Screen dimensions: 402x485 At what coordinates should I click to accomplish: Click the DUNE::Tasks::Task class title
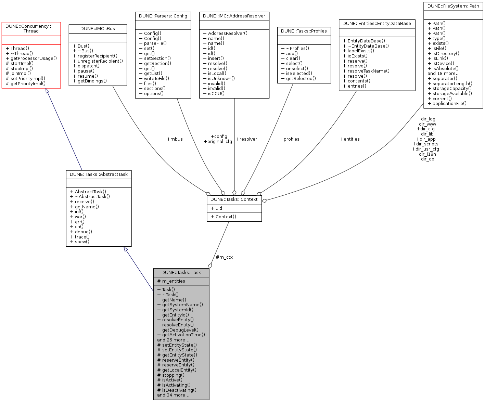[181, 273]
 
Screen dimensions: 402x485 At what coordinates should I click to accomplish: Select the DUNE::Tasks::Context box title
[234, 199]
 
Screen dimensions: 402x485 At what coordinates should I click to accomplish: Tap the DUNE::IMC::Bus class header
[98, 29]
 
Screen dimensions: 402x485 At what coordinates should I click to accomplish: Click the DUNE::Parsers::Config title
[163, 16]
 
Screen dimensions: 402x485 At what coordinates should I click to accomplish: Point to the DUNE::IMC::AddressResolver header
[234, 16]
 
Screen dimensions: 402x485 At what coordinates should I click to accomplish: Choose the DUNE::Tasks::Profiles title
[304, 31]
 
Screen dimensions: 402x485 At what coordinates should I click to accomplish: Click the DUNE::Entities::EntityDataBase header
[377, 24]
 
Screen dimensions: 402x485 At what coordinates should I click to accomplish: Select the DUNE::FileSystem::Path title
[453, 6]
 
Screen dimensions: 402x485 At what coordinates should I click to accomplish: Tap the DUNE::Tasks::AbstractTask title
[99, 174]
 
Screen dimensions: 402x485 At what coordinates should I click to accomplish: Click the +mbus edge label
[175, 139]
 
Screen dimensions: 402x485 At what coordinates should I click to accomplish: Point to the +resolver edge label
[246, 139]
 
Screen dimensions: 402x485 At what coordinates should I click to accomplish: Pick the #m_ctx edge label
[224, 257]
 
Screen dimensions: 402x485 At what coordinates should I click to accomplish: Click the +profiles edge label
[290, 139]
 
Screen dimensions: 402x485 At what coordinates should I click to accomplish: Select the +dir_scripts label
[425, 144]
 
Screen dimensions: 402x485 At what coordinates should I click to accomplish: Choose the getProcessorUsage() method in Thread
[34, 59]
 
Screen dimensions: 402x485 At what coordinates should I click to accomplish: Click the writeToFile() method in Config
[156, 79]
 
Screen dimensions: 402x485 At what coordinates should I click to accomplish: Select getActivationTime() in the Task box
[183, 335]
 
